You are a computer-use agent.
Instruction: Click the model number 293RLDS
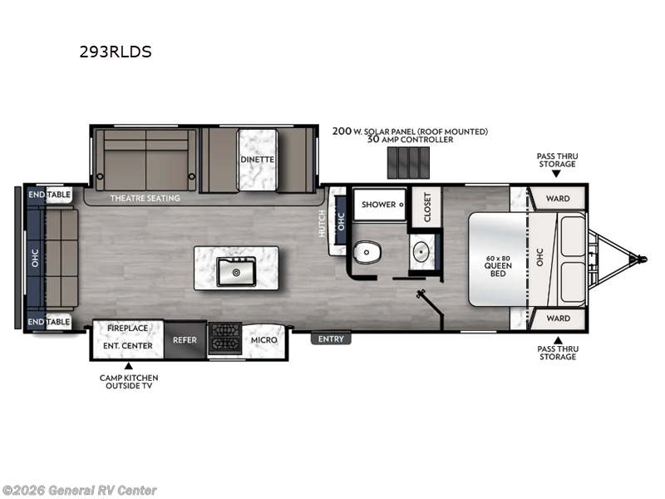point(116,52)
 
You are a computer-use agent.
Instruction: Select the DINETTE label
point(257,159)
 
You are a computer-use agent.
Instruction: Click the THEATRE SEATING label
point(145,198)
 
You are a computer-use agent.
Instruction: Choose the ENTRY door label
point(332,338)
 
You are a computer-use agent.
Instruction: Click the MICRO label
point(264,340)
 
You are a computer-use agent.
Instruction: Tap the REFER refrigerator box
point(185,340)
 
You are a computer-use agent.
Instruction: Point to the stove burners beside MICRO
point(224,340)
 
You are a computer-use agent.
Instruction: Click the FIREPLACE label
point(126,329)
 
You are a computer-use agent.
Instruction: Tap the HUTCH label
point(323,222)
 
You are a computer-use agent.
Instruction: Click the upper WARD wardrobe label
point(558,199)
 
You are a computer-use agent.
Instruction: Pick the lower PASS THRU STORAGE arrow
point(558,340)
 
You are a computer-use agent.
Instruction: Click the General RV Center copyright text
point(79,491)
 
